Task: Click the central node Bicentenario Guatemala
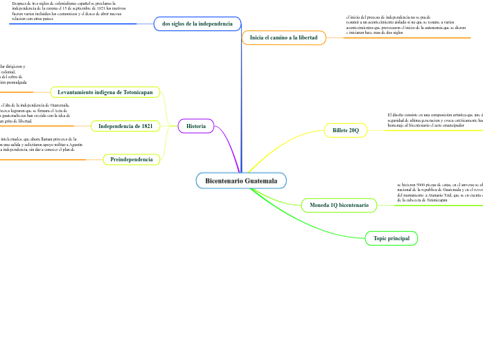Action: click(x=241, y=181)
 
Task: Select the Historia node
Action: click(x=196, y=126)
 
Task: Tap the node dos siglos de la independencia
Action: click(x=197, y=24)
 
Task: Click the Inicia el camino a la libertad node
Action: click(x=283, y=37)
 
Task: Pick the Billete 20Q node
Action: click(x=345, y=130)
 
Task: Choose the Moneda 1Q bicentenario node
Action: click(x=339, y=186)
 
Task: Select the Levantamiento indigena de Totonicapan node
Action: click(x=105, y=92)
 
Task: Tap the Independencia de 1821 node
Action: click(x=125, y=126)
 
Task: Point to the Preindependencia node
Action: click(x=132, y=159)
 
